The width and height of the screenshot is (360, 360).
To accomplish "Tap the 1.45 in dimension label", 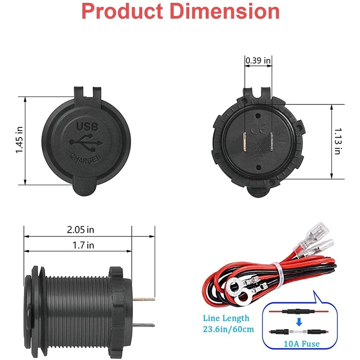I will click(x=19, y=140).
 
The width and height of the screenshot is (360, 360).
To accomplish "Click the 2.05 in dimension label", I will click(x=81, y=229).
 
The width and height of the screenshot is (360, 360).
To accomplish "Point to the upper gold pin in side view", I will click(x=145, y=299).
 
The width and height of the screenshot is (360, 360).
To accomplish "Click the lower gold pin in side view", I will click(x=145, y=325).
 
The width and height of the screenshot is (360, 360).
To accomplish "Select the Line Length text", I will click(x=226, y=318).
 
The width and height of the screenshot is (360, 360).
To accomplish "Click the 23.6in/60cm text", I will click(x=229, y=329).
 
